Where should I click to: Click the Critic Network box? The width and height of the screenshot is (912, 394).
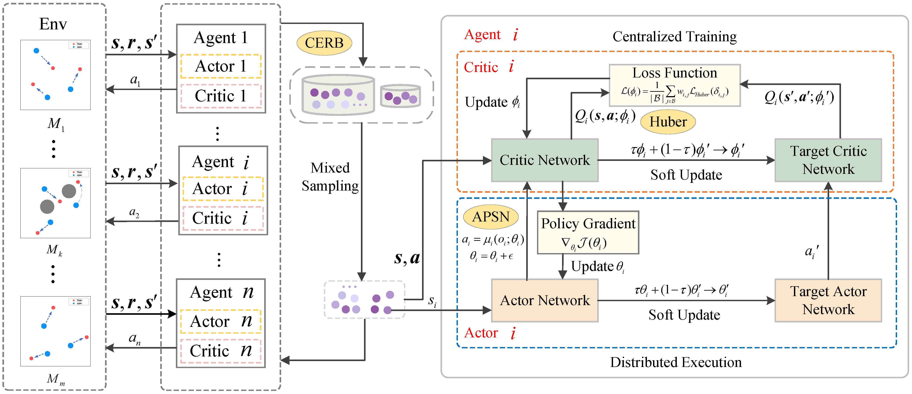coord(544,160)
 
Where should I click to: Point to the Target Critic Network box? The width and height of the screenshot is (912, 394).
coord(828,160)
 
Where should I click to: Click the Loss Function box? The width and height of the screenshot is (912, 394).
coord(674,85)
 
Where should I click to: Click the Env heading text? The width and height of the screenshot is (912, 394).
coord(53,24)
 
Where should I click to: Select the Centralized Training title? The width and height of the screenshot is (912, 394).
coord(674,36)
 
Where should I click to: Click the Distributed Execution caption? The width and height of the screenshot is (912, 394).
coord(675,362)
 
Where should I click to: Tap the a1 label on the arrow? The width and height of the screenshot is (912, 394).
coord(135,80)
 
